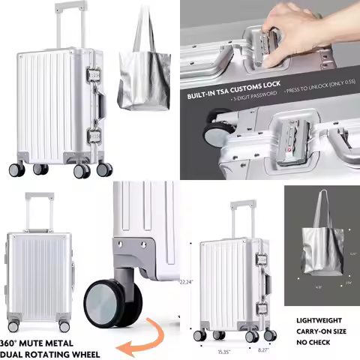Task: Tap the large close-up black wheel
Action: [x=112, y=303]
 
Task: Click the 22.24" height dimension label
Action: [x=196, y=282]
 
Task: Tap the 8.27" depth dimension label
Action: [x=262, y=350]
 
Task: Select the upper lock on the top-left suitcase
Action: [x=95, y=76]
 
